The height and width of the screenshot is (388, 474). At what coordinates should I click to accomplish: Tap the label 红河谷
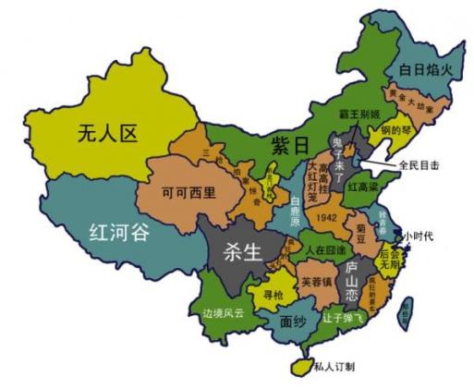(x=117, y=231)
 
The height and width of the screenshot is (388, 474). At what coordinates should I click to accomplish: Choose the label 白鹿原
(x=294, y=212)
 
